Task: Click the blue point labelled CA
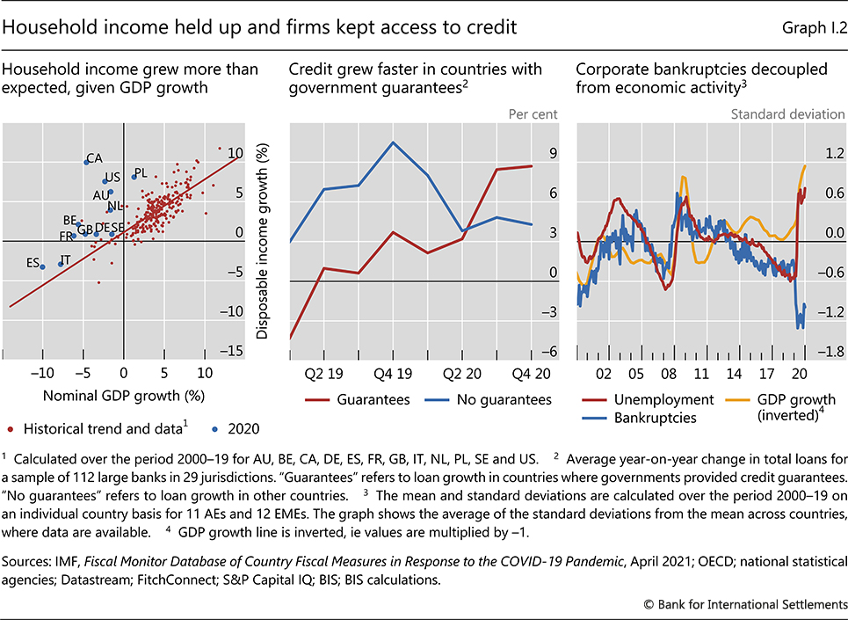pos(86,162)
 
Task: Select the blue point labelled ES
pos(42,266)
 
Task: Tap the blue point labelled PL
pos(134,177)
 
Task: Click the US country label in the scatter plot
pos(112,177)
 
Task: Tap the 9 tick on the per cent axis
pos(553,154)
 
